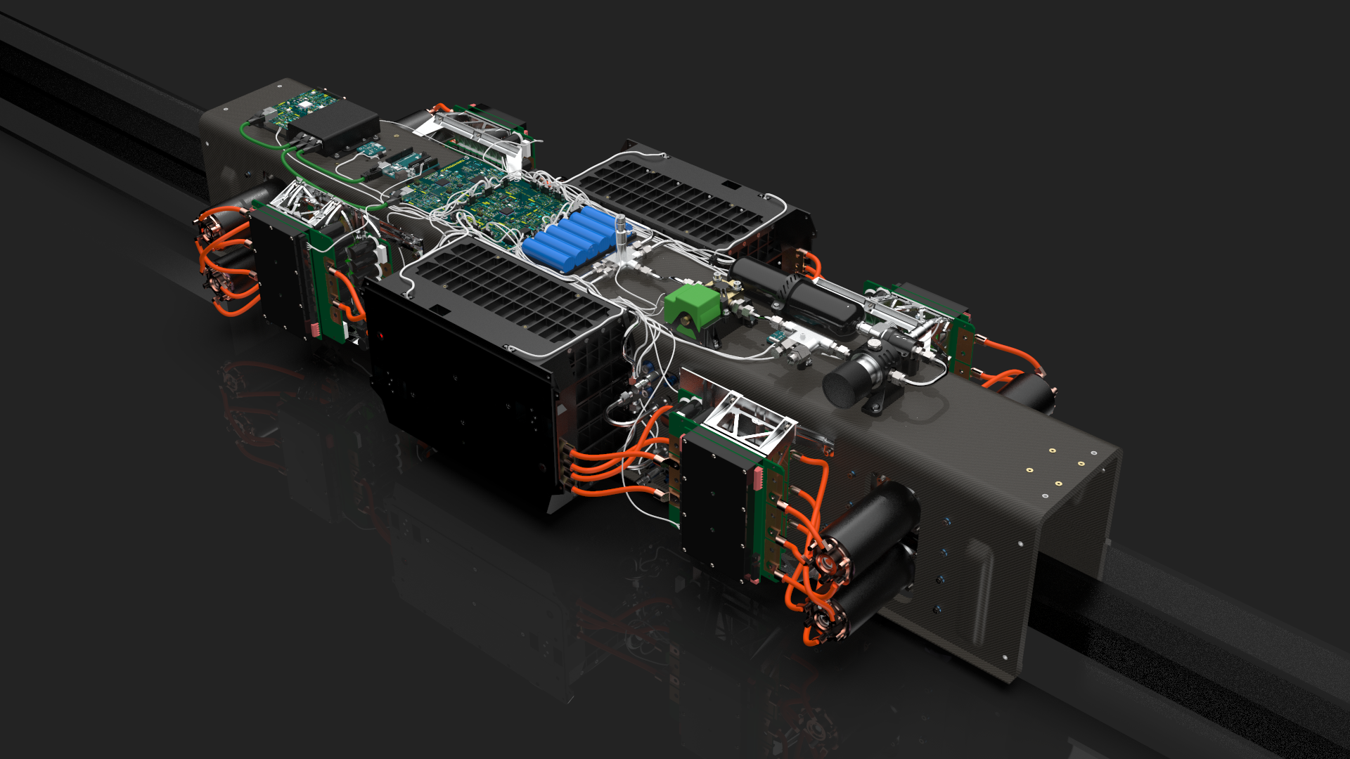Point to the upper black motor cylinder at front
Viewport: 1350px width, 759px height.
[882, 520]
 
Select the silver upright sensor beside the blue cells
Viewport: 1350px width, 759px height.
[620, 235]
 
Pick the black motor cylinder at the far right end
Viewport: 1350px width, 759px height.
[1030, 394]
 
